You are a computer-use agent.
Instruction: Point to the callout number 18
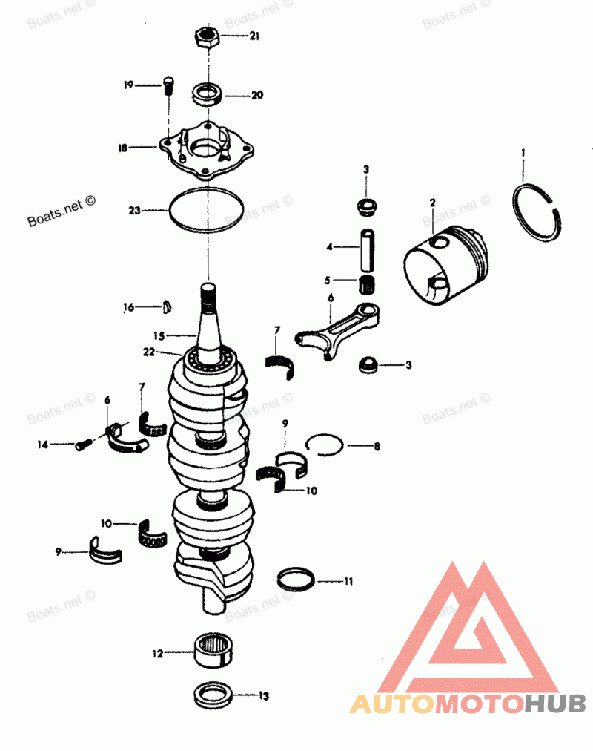[x=122, y=148]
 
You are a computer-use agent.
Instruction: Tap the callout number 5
[x=327, y=281]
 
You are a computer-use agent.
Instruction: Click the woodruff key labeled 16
[x=168, y=305]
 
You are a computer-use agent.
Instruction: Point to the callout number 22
[x=150, y=352]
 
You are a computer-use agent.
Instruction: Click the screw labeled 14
[x=83, y=445]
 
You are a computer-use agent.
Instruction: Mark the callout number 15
[x=159, y=335]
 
